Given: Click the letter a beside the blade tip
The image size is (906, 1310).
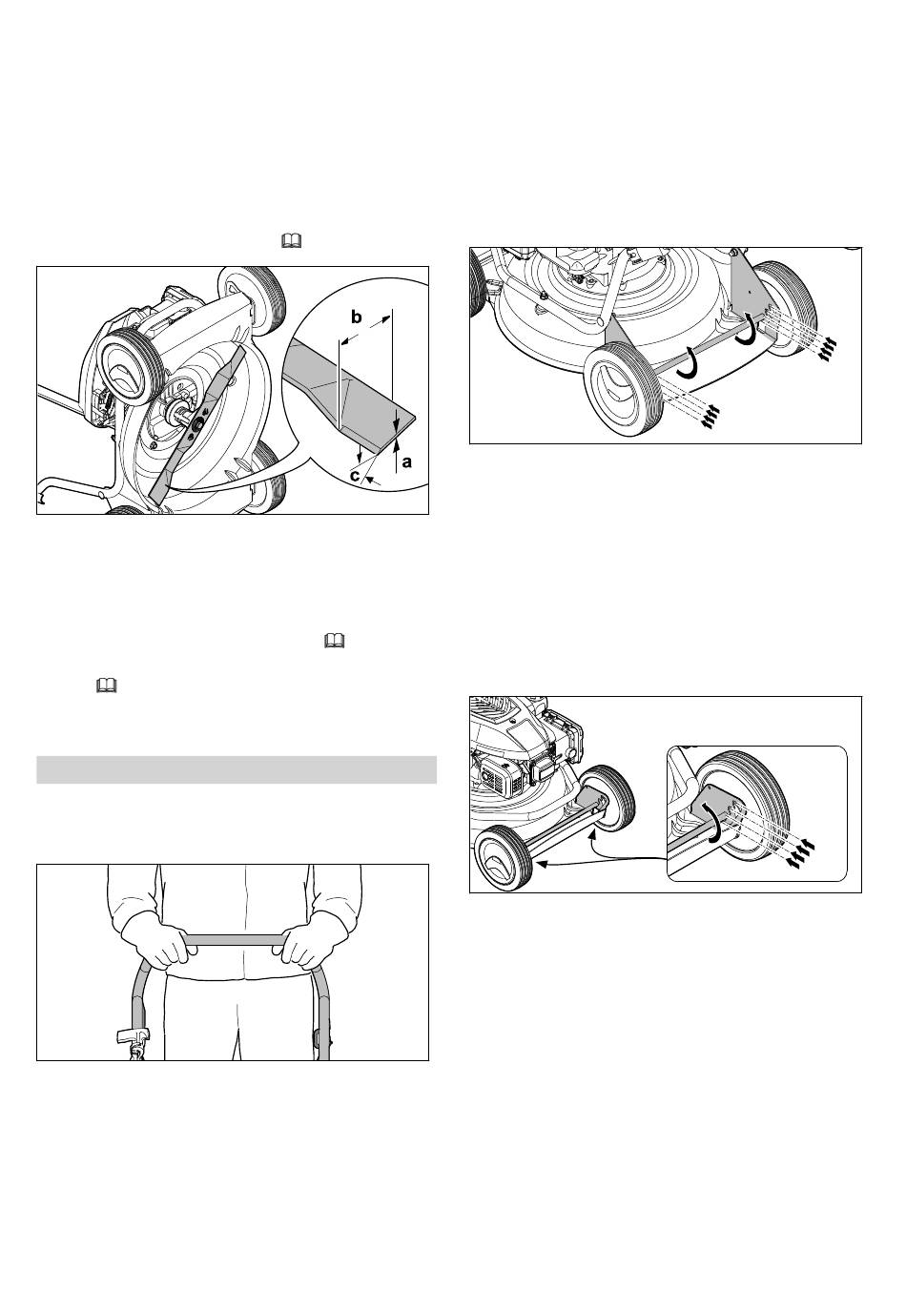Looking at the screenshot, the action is point(406,462).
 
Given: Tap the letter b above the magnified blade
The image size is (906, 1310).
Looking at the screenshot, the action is point(356,317).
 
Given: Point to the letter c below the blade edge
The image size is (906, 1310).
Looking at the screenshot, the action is point(355,476).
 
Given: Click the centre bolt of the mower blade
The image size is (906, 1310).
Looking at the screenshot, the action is point(196,427).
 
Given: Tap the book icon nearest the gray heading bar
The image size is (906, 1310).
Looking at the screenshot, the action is point(106,686).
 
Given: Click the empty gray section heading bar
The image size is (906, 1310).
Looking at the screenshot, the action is point(237,769).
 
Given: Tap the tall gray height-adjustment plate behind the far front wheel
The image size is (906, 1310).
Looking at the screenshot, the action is point(750,293).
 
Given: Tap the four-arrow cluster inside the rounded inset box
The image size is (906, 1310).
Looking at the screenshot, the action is point(802,851).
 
